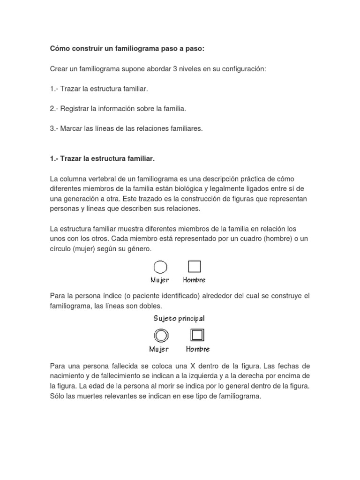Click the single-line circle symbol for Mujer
(x=160, y=267)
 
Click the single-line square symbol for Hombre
(x=195, y=267)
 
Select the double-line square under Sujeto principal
(x=197, y=335)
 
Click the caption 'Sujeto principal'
(x=179, y=319)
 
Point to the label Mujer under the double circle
(x=159, y=349)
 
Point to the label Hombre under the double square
(x=198, y=349)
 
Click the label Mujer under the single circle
(x=160, y=280)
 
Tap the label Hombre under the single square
(x=195, y=280)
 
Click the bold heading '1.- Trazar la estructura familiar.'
(x=102, y=159)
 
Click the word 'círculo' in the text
(x=61, y=248)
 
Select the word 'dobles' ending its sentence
(x=150, y=306)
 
